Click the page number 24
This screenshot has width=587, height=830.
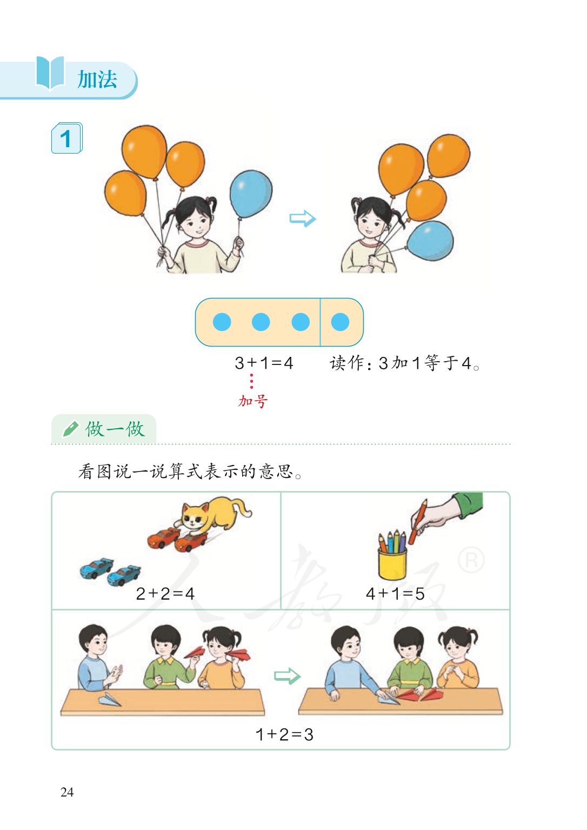[x=67, y=792]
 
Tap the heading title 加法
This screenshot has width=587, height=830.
[x=97, y=79]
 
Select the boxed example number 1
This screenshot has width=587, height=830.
[x=66, y=138]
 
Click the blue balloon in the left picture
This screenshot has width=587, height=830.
[x=251, y=194]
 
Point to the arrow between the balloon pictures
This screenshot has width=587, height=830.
[x=302, y=218]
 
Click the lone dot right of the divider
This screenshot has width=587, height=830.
[x=340, y=322]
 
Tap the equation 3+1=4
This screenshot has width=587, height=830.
[x=264, y=363]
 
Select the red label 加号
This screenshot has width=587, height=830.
[x=253, y=401]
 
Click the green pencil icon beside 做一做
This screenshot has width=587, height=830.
[x=70, y=429]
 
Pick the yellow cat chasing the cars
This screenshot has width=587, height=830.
[x=214, y=513]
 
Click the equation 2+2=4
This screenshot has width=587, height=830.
[x=165, y=594]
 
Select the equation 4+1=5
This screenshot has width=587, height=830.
[x=395, y=594]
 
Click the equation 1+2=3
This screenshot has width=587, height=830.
[x=284, y=734]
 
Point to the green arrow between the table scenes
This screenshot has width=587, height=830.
[x=287, y=676]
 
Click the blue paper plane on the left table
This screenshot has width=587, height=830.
[x=110, y=700]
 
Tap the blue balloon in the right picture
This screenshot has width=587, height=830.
[x=431, y=241]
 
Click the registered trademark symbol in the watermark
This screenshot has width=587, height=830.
[x=471, y=560]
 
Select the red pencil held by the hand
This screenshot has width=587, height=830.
[x=417, y=521]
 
